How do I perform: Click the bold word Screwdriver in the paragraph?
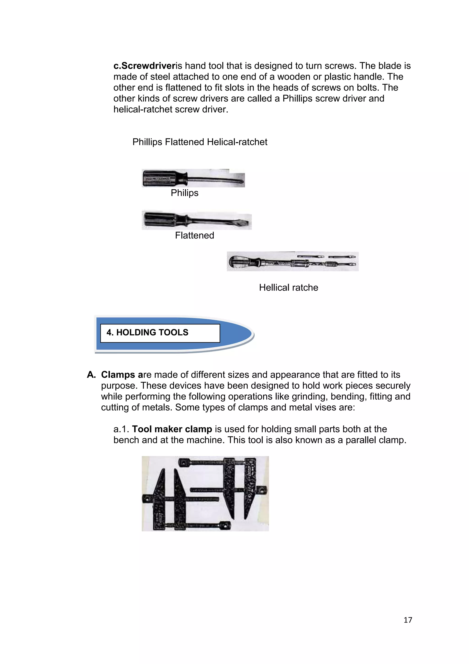tap(148, 66)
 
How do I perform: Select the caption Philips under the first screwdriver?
tap(185, 193)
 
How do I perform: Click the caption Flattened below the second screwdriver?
tap(194, 235)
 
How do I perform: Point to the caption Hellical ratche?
tap(288, 288)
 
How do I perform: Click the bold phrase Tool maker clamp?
tap(172, 429)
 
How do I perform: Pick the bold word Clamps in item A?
tap(118, 375)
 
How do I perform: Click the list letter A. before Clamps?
tap(91, 375)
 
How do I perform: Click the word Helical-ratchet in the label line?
tap(237, 142)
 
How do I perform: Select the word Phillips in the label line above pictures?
tap(147, 142)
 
